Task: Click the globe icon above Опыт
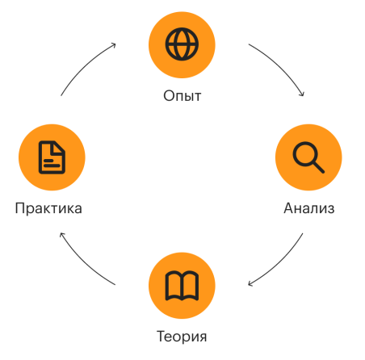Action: (182, 44)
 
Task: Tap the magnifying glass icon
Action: (308, 157)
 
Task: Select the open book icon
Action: (182, 286)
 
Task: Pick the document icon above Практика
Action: (52, 157)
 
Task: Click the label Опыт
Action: (182, 96)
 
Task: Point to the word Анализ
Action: (309, 208)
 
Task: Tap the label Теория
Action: (182, 337)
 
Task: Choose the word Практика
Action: (48, 208)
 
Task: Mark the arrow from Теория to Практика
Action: (83, 263)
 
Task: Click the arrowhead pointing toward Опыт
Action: (114, 44)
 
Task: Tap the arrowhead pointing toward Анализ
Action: (303, 94)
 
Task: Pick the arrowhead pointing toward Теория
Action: (250, 284)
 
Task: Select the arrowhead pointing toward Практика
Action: (61, 234)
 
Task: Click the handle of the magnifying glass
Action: (319, 167)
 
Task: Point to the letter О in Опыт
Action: (168, 96)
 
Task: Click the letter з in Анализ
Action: (330, 209)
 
